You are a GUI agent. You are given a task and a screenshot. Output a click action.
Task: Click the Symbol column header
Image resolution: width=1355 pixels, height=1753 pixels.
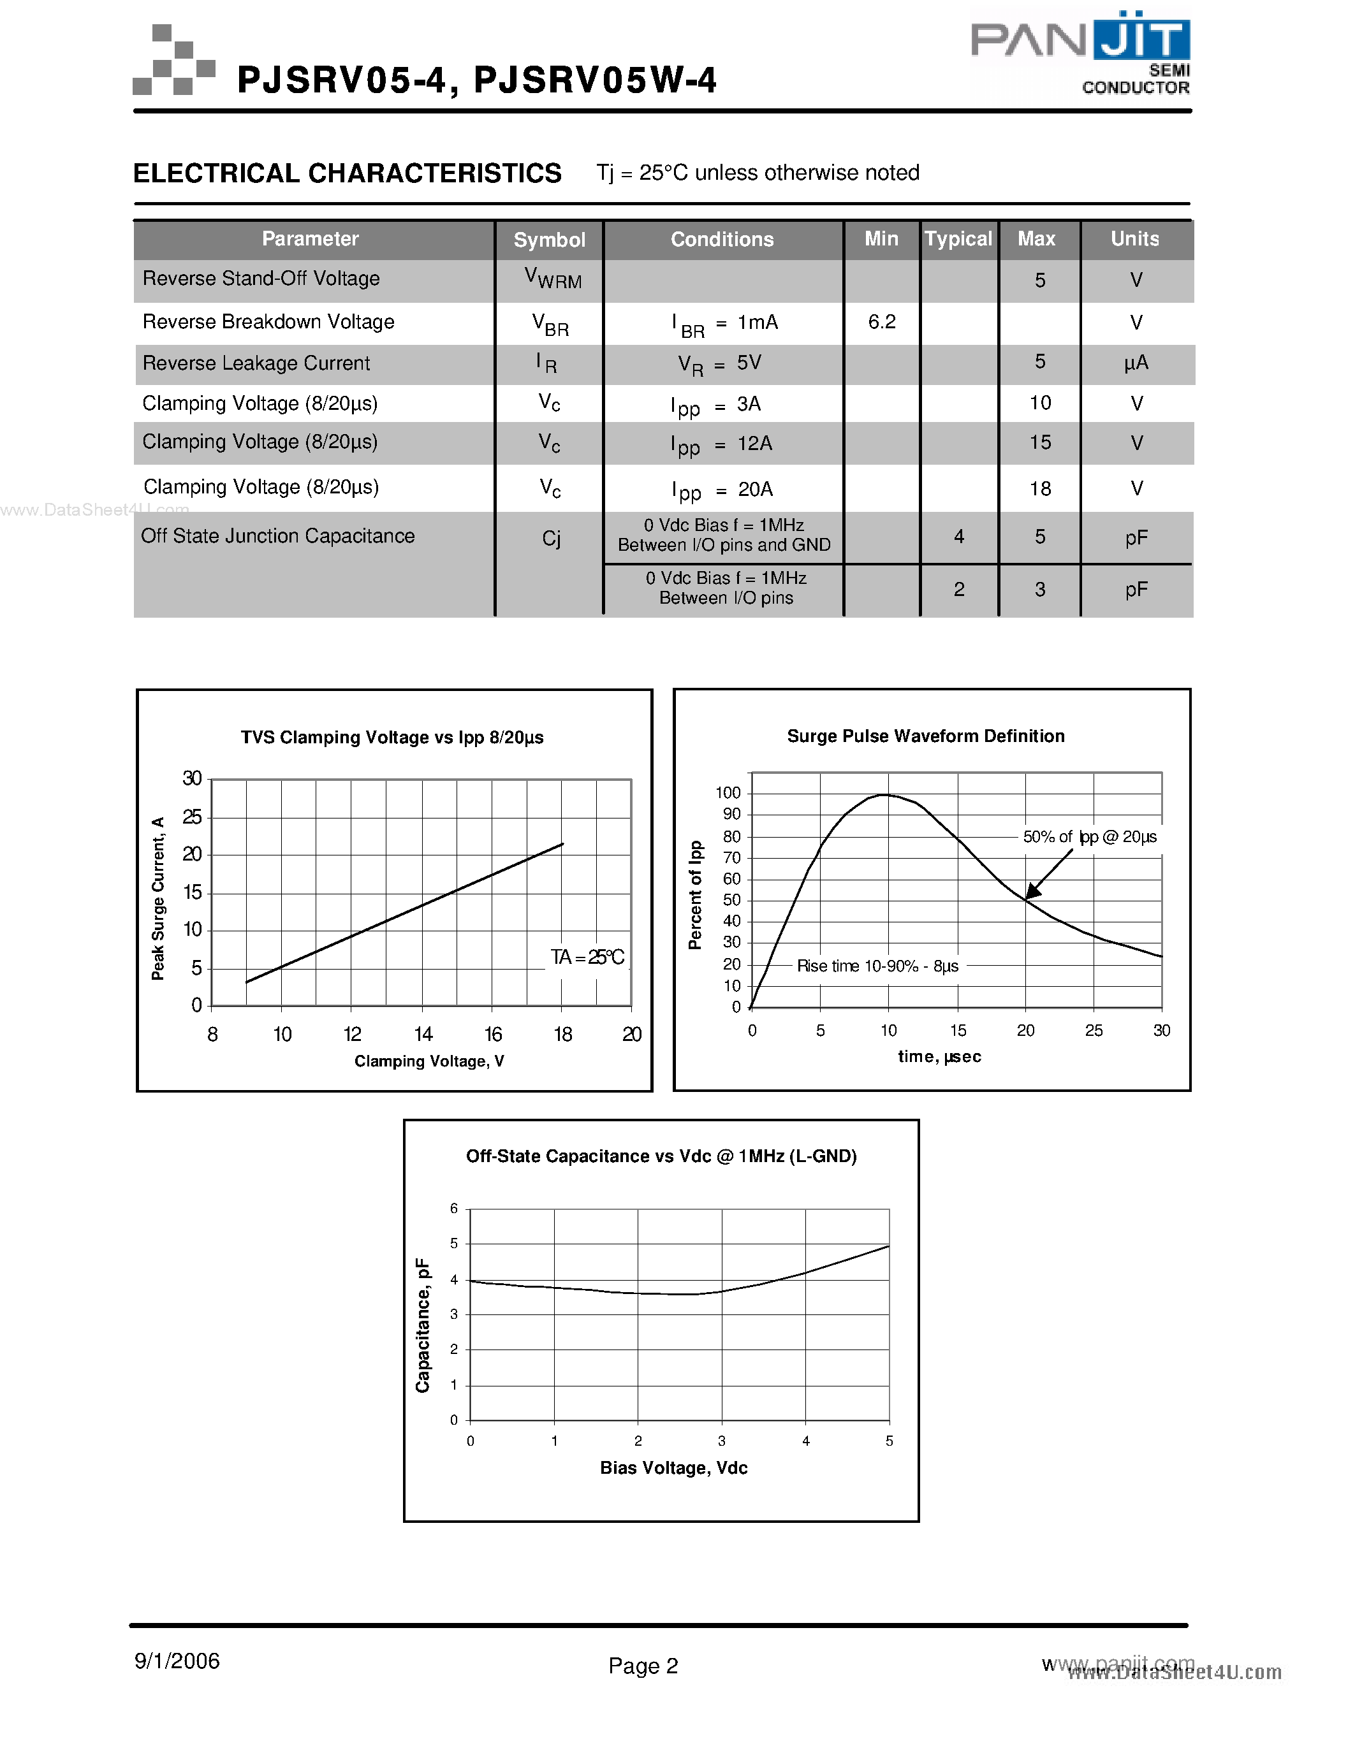(x=549, y=240)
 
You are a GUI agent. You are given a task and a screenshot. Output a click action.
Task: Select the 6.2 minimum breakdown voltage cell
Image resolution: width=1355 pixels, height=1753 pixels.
(x=881, y=322)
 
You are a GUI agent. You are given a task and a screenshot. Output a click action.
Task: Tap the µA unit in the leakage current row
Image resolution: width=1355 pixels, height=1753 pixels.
(x=1136, y=363)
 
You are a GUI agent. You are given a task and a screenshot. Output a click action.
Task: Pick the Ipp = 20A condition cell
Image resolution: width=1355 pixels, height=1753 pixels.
(x=722, y=490)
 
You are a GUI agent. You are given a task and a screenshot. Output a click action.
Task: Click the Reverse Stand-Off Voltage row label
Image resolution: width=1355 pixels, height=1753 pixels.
(x=261, y=279)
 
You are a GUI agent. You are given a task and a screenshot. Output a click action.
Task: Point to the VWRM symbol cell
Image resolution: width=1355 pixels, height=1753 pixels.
(x=552, y=279)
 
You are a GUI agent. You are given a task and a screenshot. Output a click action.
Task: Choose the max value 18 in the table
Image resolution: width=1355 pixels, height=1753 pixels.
(x=1039, y=489)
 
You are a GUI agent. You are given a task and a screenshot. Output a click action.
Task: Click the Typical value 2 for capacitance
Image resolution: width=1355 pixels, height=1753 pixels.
(x=958, y=590)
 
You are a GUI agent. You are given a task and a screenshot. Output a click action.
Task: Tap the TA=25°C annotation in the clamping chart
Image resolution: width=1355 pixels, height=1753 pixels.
(x=587, y=957)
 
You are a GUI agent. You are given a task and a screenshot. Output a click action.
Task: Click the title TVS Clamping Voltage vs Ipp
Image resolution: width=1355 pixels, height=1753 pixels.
(x=392, y=738)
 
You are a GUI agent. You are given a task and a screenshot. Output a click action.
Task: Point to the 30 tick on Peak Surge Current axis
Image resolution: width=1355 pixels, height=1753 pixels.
(x=192, y=778)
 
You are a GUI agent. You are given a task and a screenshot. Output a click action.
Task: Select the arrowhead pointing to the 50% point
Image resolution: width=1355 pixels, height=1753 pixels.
(x=1034, y=890)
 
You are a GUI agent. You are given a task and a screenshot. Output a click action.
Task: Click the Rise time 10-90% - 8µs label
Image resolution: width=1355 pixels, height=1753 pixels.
(x=877, y=966)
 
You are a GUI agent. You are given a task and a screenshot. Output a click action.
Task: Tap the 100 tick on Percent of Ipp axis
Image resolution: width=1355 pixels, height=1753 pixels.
(x=728, y=793)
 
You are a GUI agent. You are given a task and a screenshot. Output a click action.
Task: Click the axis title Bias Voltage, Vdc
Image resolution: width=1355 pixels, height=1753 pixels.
(x=673, y=1468)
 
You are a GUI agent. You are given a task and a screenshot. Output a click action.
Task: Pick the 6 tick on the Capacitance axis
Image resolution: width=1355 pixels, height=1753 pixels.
(x=453, y=1209)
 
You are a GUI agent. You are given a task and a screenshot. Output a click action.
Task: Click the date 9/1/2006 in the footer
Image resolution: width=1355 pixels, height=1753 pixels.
(x=177, y=1661)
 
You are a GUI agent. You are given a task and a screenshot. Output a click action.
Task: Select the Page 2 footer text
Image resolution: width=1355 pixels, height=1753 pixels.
(x=643, y=1666)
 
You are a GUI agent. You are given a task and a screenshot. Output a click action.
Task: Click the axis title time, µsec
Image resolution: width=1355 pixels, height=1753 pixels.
(x=939, y=1057)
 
